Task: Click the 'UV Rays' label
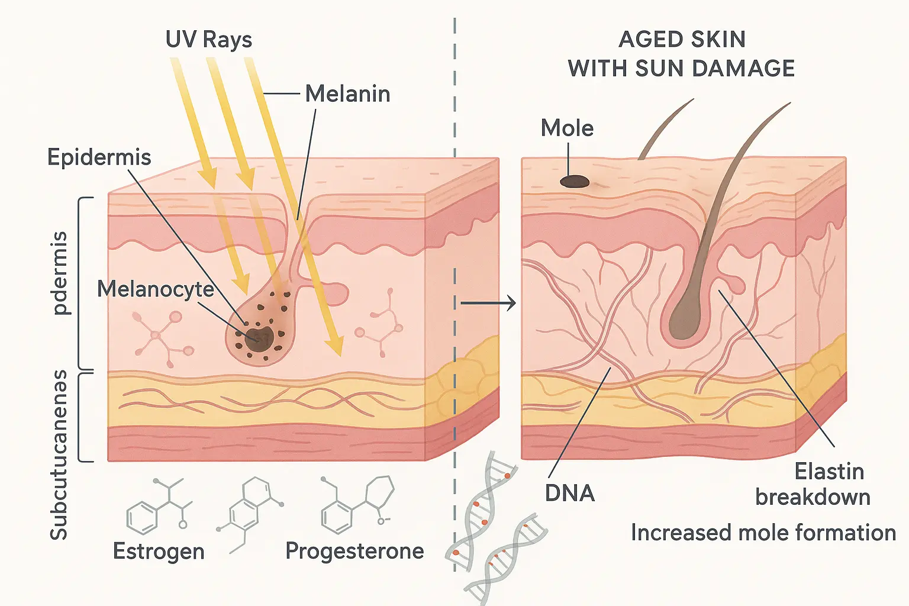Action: tap(208, 40)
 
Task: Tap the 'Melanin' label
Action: tap(347, 94)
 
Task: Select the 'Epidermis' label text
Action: tap(99, 157)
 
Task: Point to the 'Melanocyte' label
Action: tap(156, 289)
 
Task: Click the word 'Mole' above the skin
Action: tap(567, 128)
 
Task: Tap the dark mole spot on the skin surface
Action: tap(575, 182)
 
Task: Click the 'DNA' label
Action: tap(569, 493)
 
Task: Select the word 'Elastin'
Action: tap(829, 472)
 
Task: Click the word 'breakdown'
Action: tap(813, 497)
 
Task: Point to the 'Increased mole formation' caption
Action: tap(763, 533)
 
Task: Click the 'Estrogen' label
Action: tap(159, 552)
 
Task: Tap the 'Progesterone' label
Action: tap(354, 551)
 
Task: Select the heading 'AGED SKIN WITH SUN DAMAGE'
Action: tap(682, 54)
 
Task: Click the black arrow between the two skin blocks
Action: tap(488, 304)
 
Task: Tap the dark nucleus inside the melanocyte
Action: tap(259, 336)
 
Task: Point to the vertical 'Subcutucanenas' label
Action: tap(59, 454)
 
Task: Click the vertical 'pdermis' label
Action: tap(60, 273)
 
